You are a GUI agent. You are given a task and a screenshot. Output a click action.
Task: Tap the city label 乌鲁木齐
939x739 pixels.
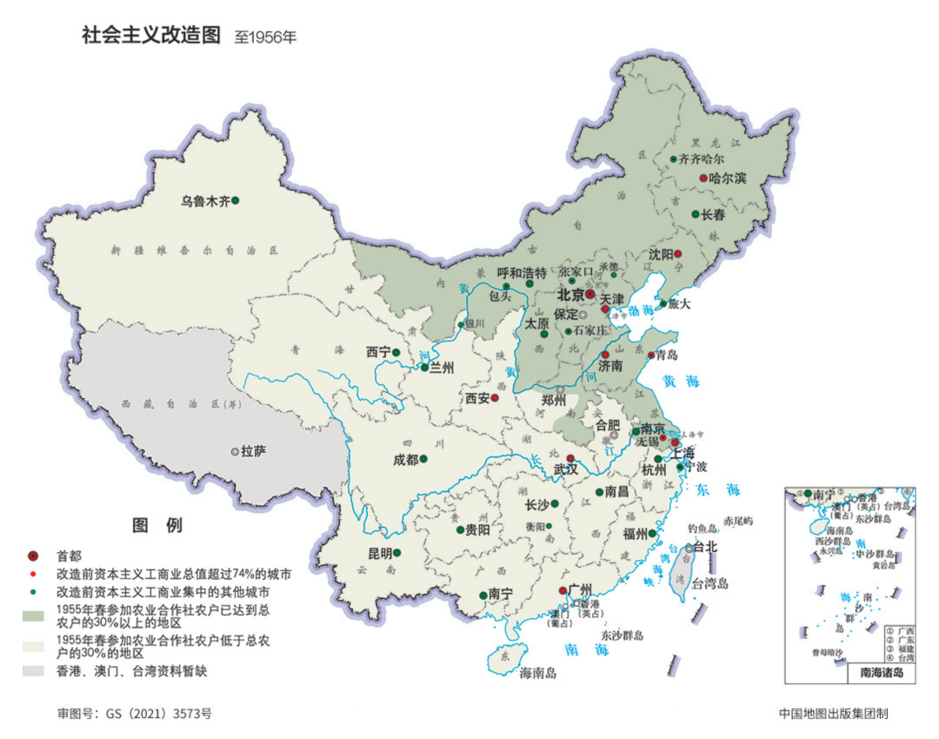(204, 201)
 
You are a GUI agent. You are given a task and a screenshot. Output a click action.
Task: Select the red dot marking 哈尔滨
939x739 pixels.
(703, 178)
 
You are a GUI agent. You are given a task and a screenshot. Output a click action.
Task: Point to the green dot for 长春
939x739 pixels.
(696, 215)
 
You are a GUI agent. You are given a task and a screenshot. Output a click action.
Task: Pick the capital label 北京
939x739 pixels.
(570, 296)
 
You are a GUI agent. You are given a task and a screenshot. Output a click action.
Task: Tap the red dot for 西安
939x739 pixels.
(495, 398)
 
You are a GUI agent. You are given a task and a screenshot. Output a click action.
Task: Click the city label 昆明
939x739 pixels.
(380, 553)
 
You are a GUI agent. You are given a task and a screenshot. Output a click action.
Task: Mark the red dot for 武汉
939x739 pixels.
(570, 458)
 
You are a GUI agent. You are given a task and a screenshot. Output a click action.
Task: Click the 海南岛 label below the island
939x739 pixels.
(538, 672)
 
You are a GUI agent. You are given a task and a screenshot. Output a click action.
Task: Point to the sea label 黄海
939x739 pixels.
(680, 381)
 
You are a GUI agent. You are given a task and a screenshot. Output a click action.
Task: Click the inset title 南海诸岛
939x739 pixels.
(882, 672)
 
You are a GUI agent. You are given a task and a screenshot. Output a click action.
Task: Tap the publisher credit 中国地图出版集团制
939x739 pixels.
(834, 714)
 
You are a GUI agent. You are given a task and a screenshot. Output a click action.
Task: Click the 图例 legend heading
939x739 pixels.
(157, 525)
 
